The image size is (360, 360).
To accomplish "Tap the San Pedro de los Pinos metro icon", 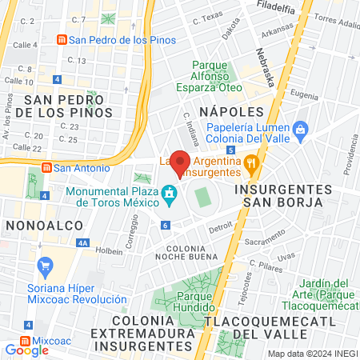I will click(61, 40).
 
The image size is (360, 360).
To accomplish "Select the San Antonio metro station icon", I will click(46, 168).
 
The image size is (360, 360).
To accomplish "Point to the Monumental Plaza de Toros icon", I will click(169, 193).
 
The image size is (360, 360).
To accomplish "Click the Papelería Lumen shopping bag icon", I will click(301, 128).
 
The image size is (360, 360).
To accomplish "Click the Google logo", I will click(26, 350).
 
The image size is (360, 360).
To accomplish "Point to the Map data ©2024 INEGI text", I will click(311, 354).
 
